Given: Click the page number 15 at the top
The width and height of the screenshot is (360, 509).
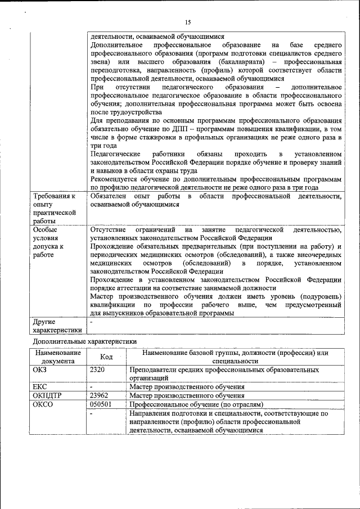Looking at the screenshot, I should [188, 22].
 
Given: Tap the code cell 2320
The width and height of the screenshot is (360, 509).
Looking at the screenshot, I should [98, 370].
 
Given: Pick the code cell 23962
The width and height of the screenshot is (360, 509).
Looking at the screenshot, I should [100, 395].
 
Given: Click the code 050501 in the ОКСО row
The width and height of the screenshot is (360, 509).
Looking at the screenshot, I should [101, 404].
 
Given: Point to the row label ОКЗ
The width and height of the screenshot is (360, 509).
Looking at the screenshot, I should [42, 370].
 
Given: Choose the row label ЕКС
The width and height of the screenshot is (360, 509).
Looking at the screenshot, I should [40, 387].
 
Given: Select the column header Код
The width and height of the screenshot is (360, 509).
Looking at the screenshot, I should [106, 357].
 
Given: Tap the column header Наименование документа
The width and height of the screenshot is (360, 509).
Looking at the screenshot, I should [58, 357].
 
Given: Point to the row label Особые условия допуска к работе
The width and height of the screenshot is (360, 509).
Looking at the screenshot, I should [49, 242].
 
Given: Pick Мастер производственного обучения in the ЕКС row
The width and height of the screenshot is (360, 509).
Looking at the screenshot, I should [187, 387].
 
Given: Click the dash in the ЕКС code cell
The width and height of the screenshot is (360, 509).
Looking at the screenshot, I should [91, 387].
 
